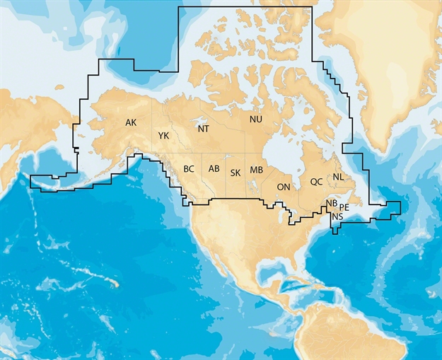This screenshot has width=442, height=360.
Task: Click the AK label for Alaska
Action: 131,122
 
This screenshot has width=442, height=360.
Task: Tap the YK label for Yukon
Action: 163,135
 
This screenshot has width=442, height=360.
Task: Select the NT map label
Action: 203,129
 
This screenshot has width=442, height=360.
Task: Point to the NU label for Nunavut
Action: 255,119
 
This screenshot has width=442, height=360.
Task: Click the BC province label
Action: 189,169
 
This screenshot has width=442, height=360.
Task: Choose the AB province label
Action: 214,168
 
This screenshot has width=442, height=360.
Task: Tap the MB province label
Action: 256,170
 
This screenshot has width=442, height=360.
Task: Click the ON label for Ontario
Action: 283,187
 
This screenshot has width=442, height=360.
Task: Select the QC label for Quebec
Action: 316,182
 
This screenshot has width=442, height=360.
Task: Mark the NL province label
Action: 339,176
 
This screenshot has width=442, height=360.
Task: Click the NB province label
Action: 331,204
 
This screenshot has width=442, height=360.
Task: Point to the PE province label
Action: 344,207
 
